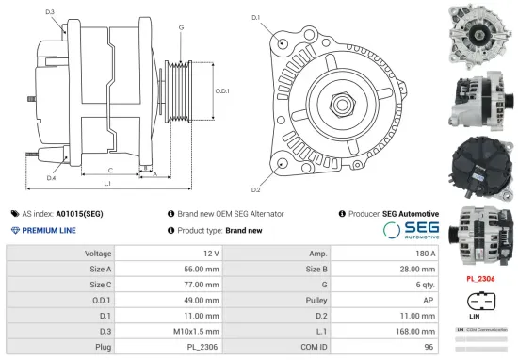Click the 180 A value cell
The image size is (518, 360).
coord(427,254)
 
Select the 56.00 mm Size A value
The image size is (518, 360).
coord(204,269)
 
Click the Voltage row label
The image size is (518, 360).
coord(98,254)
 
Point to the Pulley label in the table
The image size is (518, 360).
coord(317,300)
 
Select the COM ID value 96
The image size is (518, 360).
coord(429,348)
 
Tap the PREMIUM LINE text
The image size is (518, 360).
coord(48,230)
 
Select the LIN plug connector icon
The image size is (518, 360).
coord(480,303)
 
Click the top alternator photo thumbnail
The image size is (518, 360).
coord(479,30)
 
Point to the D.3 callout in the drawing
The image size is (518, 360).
coord(49,11)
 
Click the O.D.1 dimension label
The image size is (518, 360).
coord(222,90)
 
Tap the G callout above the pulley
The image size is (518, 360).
coord(181,27)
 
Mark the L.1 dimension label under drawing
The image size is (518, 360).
coord(107,182)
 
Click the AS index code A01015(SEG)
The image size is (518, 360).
coord(79,214)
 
